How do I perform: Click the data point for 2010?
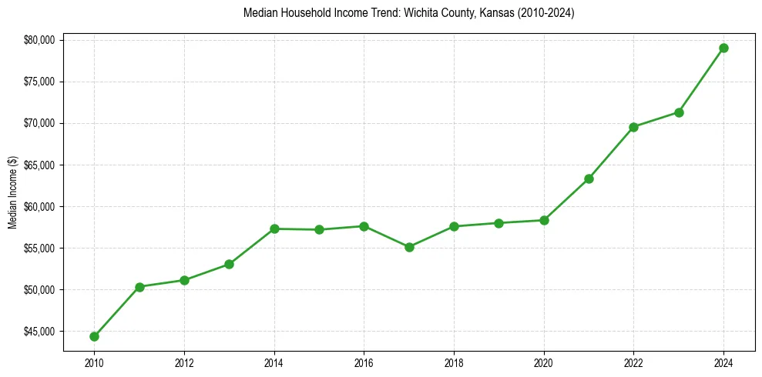click(x=94, y=336)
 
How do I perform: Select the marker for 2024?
click(x=723, y=48)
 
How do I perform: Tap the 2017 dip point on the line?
click(x=409, y=247)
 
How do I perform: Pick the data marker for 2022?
click(x=633, y=127)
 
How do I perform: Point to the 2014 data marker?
click(x=274, y=229)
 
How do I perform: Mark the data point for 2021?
click(x=589, y=178)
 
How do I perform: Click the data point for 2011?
click(x=139, y=287)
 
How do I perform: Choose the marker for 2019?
click(x=498, y=223)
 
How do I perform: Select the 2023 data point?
click(x=679, y=112)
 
